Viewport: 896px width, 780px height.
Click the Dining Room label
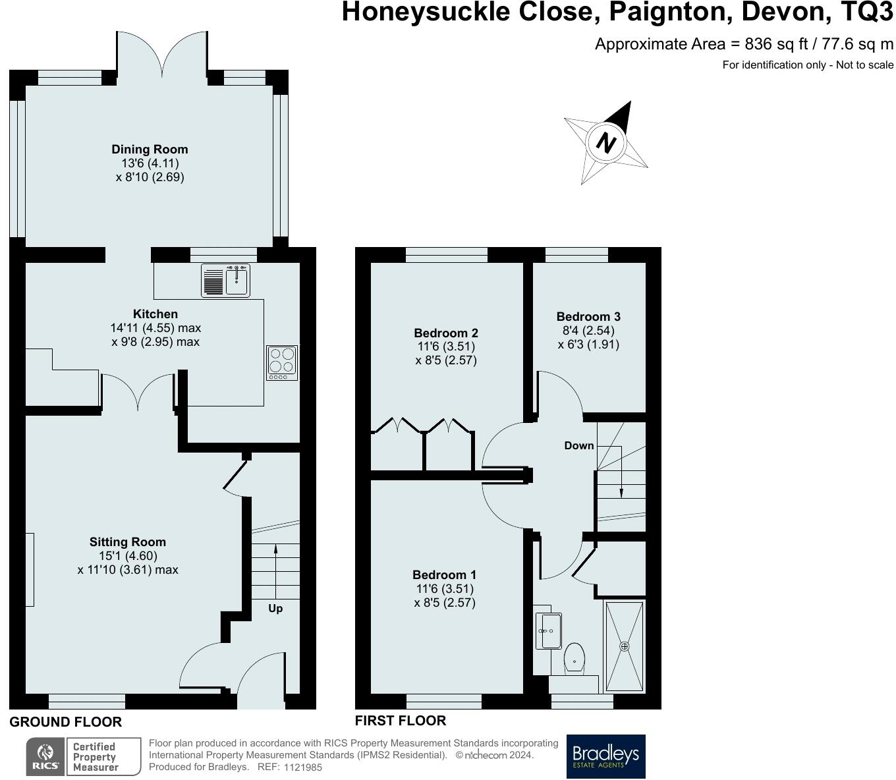(x=150, y=150)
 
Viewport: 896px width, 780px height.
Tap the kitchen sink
(x=225, y=281)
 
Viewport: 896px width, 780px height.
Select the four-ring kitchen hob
(x=283, y=362)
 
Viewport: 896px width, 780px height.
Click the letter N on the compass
(x=606, y=143)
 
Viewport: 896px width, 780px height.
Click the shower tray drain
(x=625, y=646)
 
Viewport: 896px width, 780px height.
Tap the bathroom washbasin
(x=548, y=630)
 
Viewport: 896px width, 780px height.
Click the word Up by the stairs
(x=275, y=609)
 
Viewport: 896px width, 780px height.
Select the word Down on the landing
(x=579, y=445)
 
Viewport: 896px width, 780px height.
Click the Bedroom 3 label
(x=588, y=316)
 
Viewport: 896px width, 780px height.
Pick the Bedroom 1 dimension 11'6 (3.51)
(x=445, y=588)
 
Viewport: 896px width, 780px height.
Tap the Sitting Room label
(x=128, y=542)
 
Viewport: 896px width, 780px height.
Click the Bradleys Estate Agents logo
(x=605, y=756)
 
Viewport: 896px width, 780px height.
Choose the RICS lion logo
(x=45, y=756)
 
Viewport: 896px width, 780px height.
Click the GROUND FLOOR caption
(x=66, y=722)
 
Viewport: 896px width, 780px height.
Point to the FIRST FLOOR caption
(x=401, y=721)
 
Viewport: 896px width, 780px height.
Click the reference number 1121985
(x=302, y=767)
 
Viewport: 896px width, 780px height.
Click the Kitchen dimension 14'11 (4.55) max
(x=156, y=327)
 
